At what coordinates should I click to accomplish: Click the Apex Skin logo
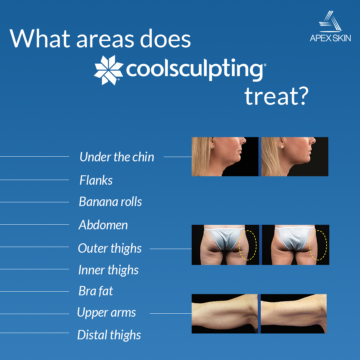click(x=330, y=27)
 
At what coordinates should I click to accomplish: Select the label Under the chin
click(x=117, y=157)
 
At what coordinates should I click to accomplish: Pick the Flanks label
click(x=96, y=180)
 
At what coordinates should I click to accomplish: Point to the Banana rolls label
click(x=110, y=202)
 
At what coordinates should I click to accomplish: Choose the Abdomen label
click(x=103, y=225)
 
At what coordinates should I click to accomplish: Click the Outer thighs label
click(x=110, y=248)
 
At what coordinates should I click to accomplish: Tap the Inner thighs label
click(x=108, y=270)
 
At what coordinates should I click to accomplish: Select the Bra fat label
click(x=96, y=291)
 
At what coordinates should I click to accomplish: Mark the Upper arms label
click(x=106, y=313)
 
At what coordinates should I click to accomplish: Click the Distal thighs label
click(x=109, y=335)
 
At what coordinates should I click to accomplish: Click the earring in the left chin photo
click(x=212, y=147)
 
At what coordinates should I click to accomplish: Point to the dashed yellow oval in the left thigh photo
click(x=248, y=245)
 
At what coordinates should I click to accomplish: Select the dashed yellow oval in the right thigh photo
click(x=318, y=245)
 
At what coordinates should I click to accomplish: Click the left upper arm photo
click(x=224, y=314)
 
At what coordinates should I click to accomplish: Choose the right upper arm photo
click(x=293, y=314)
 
